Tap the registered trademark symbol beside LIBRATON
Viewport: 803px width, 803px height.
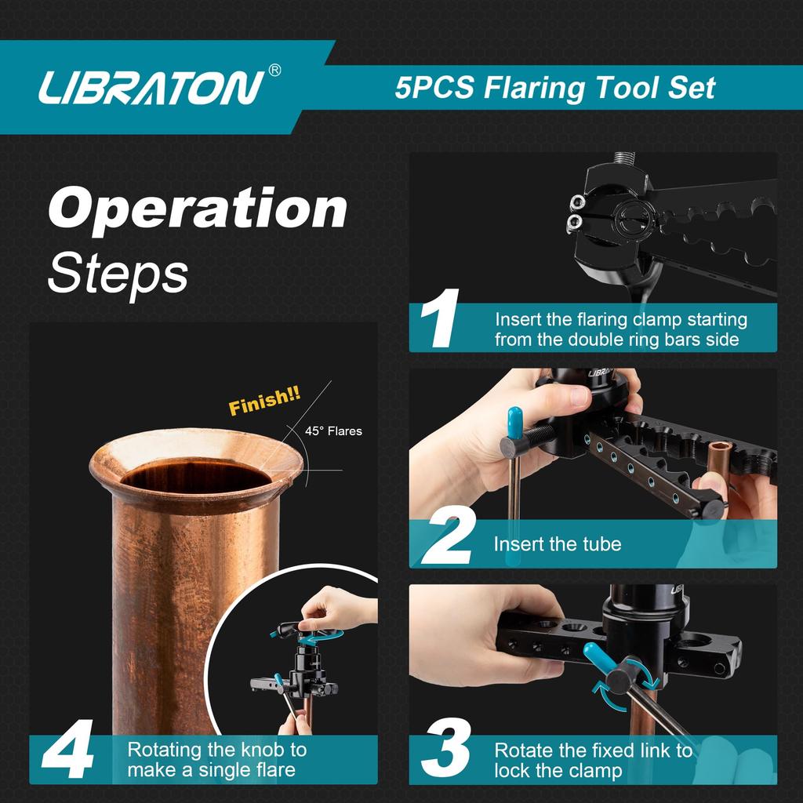point(274,71)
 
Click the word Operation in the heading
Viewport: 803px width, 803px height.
point(198,209)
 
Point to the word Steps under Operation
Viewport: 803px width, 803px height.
point(118,272)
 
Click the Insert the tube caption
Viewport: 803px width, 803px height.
point(557,543)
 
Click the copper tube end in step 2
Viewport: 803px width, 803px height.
point(719,453)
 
